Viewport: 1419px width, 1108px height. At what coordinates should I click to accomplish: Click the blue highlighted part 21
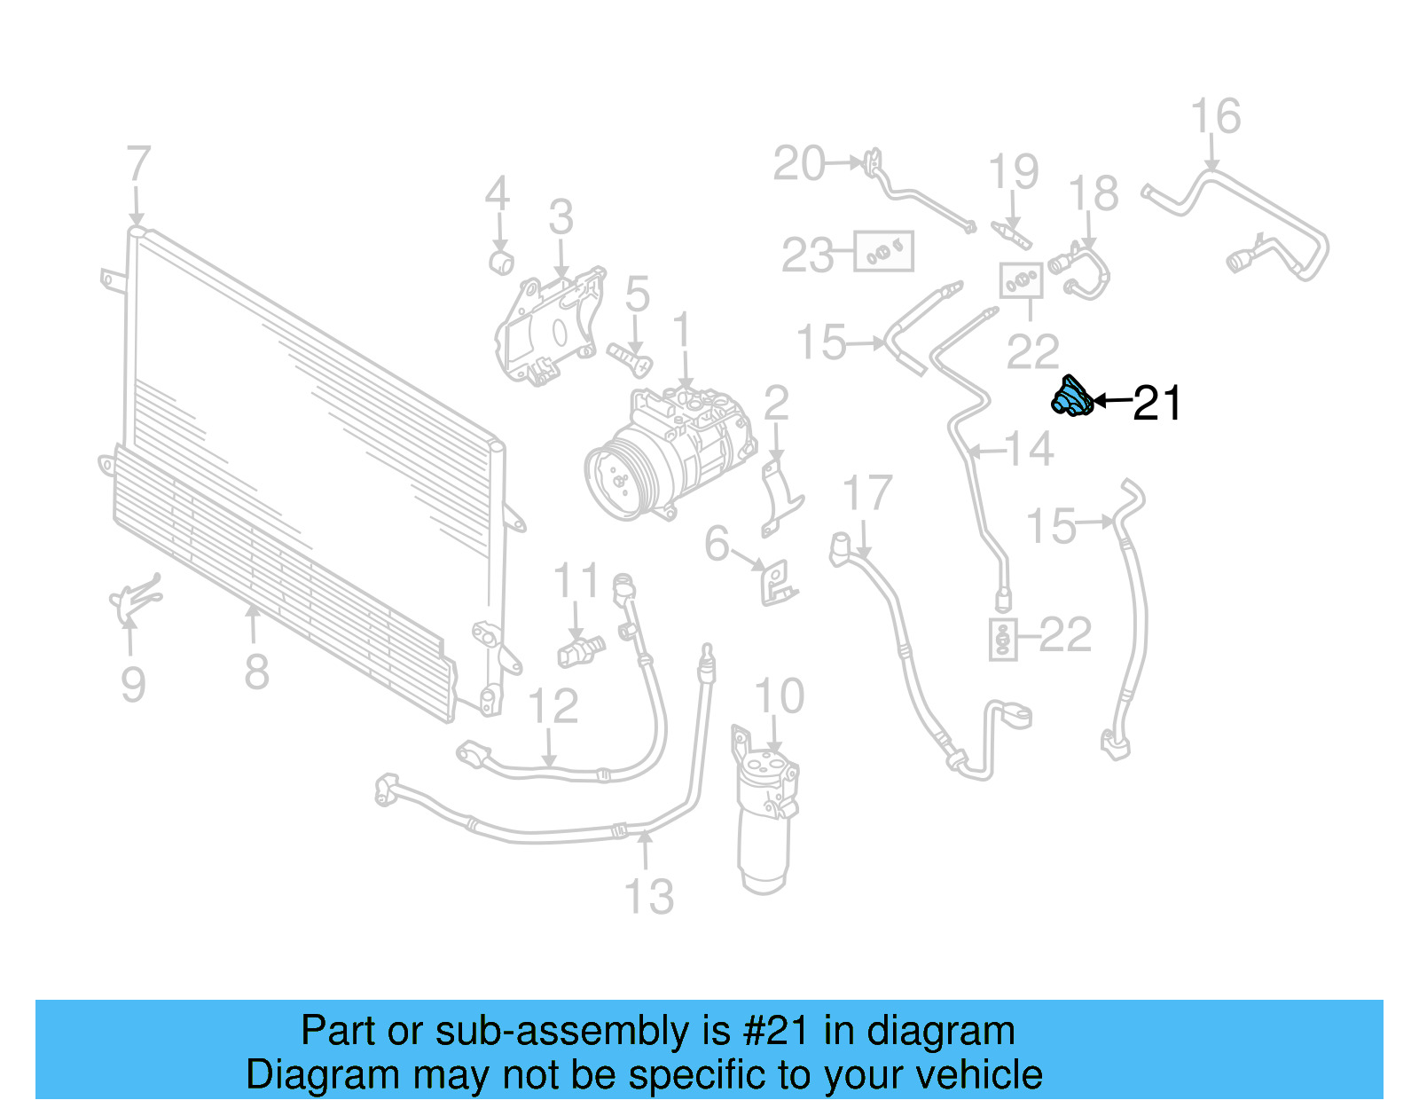(1070, 397)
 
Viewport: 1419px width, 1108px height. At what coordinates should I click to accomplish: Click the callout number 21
(1157, 404)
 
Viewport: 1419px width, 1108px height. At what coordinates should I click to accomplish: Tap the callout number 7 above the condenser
(137, 165)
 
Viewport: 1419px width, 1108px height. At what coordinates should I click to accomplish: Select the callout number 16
(1215, 117)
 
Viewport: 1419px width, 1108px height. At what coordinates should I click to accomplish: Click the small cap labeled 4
(502, 263)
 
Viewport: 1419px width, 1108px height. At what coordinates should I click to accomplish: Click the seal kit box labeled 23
(883, 253)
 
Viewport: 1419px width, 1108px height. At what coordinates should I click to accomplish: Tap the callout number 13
(649, 897)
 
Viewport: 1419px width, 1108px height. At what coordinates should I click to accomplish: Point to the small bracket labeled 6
(777, 583)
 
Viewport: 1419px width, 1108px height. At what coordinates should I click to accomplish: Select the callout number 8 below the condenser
(256, 672)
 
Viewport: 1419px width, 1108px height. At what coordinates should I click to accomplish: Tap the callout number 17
(866, 494)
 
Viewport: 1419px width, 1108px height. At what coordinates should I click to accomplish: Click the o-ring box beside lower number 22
(1002, 640)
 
